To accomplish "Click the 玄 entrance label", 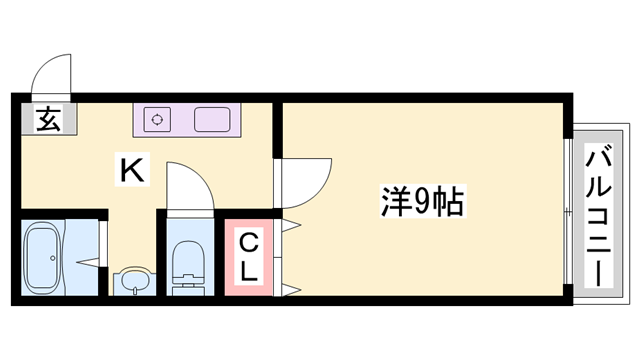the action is (47, 120).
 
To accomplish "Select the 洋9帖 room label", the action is (419, 204).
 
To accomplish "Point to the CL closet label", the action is (248, 256).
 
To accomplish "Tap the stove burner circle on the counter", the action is (156, 119).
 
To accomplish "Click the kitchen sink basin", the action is (214, 119).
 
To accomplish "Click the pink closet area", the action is (248, 257).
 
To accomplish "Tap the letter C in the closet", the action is (248, 241).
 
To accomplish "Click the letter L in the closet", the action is (249, 270).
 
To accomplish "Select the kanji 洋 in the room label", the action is (394, 204).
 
